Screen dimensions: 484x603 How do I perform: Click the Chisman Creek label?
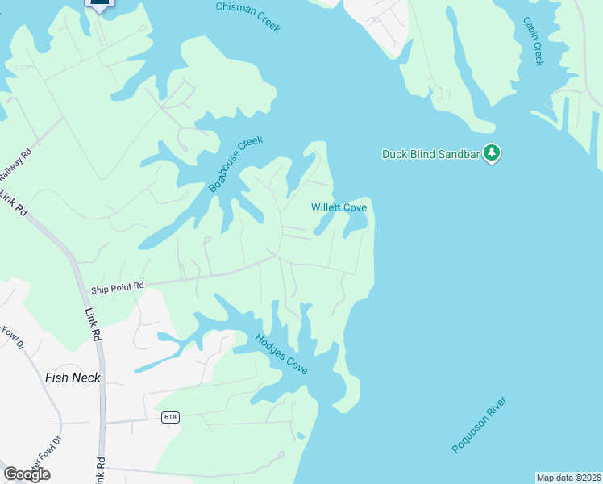(x=247, y=17)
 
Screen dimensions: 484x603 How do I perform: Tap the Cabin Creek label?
(x=533, y=41)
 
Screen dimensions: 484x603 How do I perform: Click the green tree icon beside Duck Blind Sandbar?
(x=492, y=152)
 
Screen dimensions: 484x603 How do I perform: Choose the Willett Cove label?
(x=339, y=207)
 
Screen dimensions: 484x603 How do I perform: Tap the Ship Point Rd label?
(x=117, y=286)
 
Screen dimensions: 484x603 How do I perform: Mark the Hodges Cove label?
(x=281, y=353)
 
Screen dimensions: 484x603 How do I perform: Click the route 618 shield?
(x=169, y=417)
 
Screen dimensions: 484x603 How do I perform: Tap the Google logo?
(x=27, y=474)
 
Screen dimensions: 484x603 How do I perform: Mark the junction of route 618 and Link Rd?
(x=102, y=422)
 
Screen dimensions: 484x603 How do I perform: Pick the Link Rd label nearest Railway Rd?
(x=14, y=204)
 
